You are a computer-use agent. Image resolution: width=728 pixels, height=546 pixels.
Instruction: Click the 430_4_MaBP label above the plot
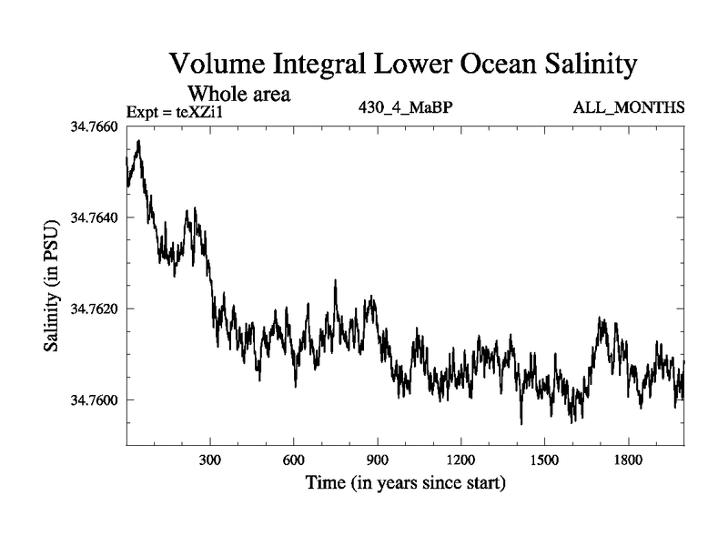tap(406, 108)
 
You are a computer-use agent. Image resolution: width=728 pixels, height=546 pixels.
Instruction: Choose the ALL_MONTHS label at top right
tap(629, 108)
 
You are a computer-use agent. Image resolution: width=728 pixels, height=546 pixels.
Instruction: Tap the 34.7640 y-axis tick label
tap(94, 217)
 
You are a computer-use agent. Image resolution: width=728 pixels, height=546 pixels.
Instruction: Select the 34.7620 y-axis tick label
tap(94, 308)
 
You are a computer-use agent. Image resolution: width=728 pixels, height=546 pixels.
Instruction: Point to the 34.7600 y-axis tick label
tap(94, 399)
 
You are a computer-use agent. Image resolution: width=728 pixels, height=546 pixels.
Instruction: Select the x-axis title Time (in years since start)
tap(405, 483)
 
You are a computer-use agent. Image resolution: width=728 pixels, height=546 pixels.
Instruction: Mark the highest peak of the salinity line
tap(138, 141)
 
